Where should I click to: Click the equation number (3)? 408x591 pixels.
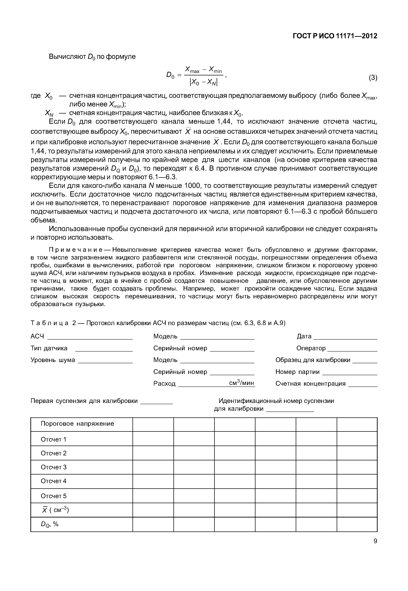click(373, 78)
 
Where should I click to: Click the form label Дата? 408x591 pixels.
click(304, 336)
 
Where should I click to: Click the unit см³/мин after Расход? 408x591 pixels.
click(242, 383)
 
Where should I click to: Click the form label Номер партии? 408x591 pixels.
click(297, 372)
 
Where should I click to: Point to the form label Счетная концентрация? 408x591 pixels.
click(310, 384)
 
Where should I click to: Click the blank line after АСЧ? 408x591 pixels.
click(90, 339)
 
